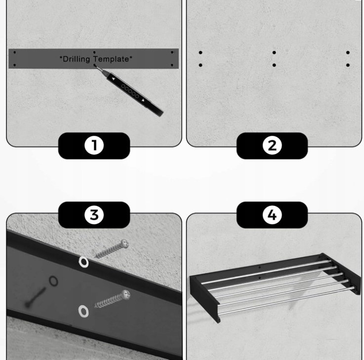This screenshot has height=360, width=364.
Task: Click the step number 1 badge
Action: coord(94,146)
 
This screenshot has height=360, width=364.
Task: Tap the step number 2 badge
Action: coord(272,146)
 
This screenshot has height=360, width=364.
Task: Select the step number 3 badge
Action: coord(94,215)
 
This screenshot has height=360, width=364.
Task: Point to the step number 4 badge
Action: coord(272,215)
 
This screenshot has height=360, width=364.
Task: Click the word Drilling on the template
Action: coord(77,59)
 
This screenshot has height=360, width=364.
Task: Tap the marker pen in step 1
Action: coord(129,90)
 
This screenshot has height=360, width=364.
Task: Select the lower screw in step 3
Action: coord(113,299)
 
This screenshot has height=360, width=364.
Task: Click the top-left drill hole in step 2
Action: coord(201,53)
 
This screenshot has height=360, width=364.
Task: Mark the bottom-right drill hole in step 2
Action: coord(348,65)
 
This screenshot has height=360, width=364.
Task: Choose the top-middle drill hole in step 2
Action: coord(274,53)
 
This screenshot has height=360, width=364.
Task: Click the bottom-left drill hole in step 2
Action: coord(201,65)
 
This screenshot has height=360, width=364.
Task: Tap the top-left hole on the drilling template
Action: coord(15,52)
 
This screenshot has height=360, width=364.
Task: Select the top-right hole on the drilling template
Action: coord(172,52)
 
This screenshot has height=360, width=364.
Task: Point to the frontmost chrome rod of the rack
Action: coord(286,301)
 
